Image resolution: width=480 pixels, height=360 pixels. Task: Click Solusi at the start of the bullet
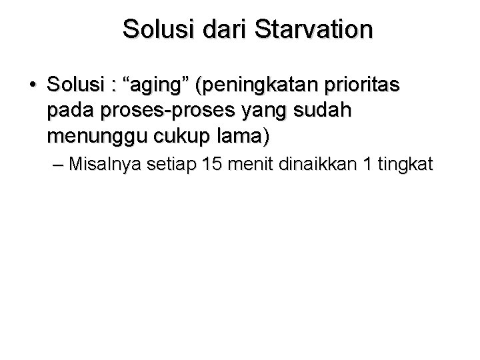(77, 86)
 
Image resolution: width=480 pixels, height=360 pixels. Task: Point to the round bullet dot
(32, 87)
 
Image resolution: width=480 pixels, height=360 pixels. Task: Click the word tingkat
(403, 163)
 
